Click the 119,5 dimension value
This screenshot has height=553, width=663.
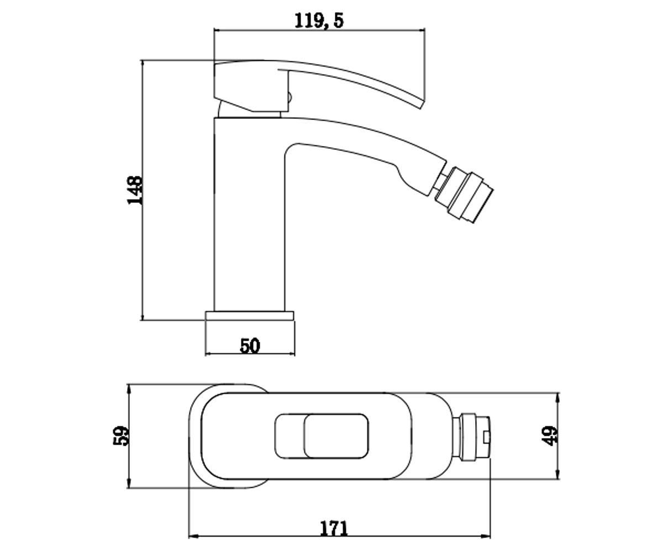319,20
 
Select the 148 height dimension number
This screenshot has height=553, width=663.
135,190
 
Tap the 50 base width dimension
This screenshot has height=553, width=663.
250,346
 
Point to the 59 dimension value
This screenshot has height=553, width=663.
121,436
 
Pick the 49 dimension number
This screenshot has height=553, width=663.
549,436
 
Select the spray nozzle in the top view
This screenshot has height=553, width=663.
471,436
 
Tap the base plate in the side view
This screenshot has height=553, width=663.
249,316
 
